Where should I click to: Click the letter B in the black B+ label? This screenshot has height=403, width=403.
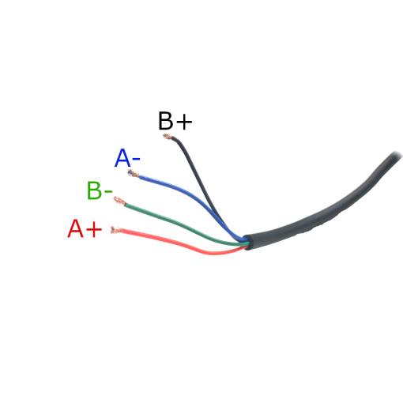[166, 121]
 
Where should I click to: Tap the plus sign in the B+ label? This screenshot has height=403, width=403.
[184, 122]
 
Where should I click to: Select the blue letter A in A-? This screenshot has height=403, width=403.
[122, 158]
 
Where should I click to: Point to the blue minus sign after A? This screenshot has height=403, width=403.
[136, 159]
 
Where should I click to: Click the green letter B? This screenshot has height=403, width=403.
[94, 190]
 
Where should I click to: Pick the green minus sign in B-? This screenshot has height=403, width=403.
[108, 191]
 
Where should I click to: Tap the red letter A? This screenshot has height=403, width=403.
[76, 228]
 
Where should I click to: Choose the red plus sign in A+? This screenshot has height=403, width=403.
[94, 229]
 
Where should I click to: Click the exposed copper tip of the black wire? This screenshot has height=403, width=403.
[168, 137]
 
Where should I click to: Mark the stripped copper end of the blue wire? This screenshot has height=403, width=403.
[133, 174]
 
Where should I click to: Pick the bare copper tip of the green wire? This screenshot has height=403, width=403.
[119, 201]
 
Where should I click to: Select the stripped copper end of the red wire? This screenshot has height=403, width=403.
[115, 230]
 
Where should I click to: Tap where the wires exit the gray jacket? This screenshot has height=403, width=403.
[247, 242]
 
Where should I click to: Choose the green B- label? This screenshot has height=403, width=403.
[100, 190]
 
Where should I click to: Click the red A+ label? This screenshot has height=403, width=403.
[85, 228]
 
